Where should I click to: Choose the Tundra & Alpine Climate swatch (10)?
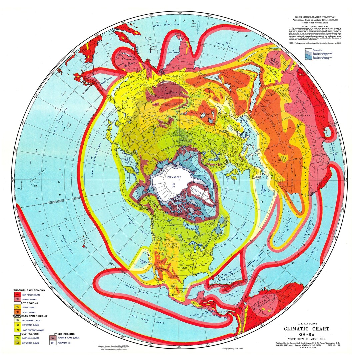(52, 338)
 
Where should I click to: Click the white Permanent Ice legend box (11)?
(52, 343)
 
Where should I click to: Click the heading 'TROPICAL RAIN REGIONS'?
(29, 290)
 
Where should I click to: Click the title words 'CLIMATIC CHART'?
(306, 329)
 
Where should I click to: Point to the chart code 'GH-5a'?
(306, 334)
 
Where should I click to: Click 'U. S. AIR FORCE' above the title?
(306, 324)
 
